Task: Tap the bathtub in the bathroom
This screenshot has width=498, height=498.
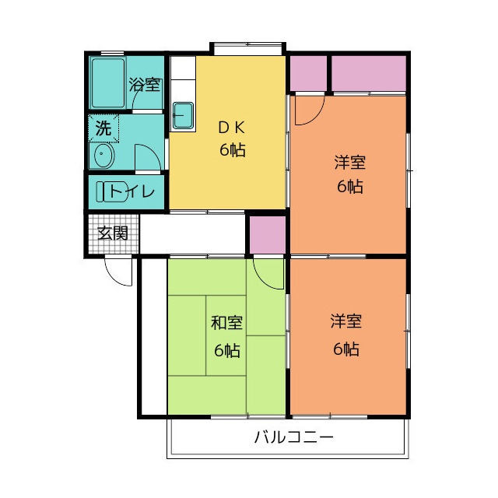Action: (107, 82)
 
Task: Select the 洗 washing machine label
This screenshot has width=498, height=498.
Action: (103, 129)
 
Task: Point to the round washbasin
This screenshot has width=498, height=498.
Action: (103, 157)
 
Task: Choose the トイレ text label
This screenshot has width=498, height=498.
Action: (133, 191)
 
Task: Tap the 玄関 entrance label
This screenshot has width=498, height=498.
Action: (112, 233)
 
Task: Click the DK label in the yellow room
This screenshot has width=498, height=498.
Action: (232, 128)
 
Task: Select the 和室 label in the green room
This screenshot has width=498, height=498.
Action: (226, 323)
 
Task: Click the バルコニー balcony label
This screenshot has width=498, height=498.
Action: (294, 437)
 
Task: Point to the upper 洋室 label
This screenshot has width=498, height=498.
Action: (349, 163)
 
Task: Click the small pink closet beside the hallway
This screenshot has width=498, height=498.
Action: (268, 234)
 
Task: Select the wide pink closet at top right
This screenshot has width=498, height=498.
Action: (370, 73)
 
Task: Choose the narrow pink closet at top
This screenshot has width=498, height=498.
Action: (309, 73)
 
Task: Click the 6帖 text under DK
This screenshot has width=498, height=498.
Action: (232, 150)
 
